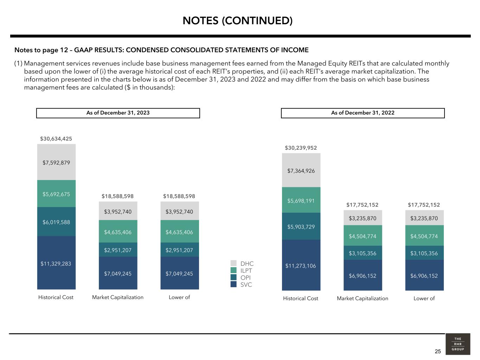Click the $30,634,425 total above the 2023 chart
[56, 139]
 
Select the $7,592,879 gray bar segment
[56, 162]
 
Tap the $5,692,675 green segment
[56, 194]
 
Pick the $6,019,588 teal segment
[56, 222]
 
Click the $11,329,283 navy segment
[56, 263]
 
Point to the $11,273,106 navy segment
[301, 265]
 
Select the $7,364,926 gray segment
[301, 171]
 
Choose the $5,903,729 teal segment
[301, 226]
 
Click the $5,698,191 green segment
[301, 200]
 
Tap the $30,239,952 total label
[301, 148]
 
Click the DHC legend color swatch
[234, 263]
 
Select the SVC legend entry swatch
[234, 284]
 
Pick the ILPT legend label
[246, 271]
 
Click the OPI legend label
[245, 278]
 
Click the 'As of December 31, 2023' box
[118, 113]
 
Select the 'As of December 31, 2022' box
[363, 113]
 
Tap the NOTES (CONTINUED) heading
[238, 21]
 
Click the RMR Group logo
[458, 344]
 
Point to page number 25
[438, 351]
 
